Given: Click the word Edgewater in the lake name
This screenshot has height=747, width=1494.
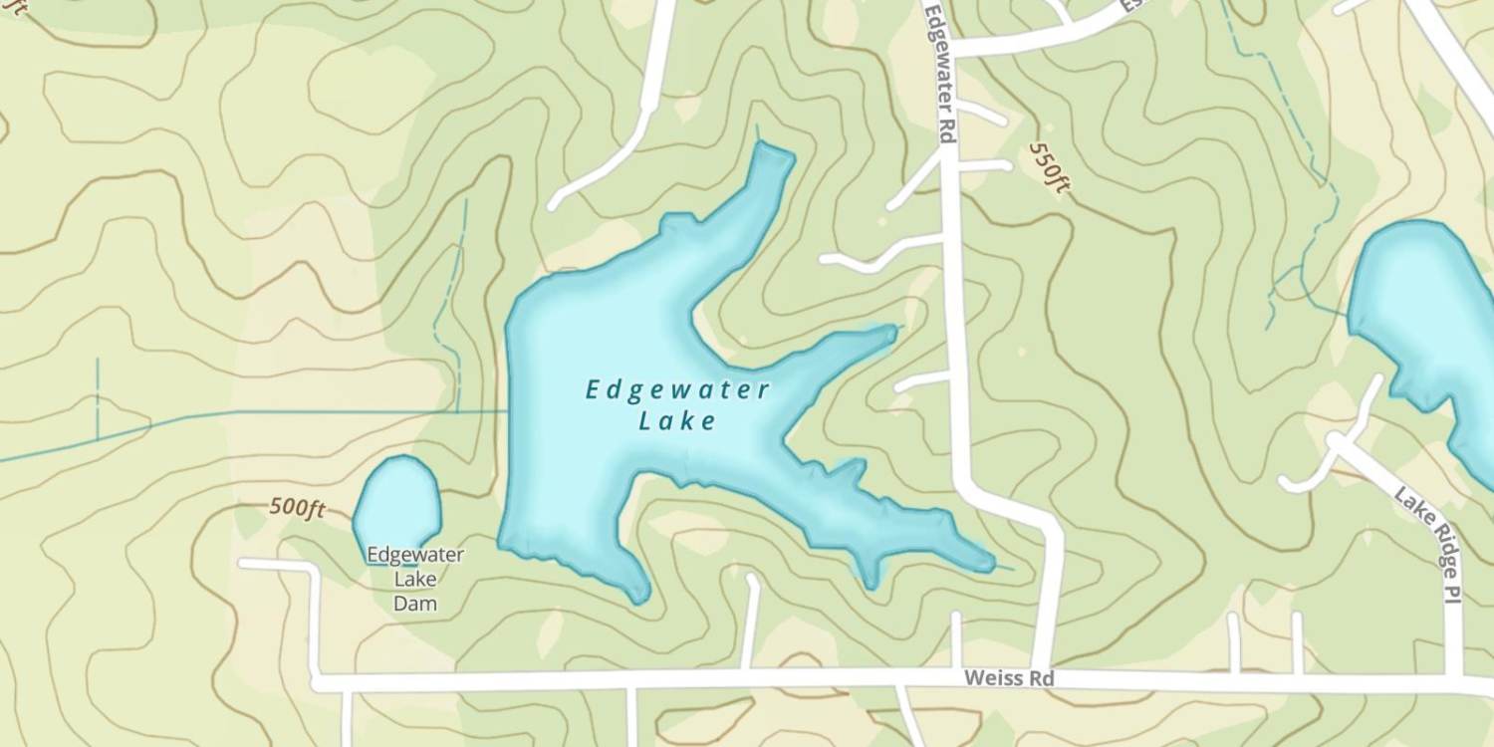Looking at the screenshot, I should click(677, 389).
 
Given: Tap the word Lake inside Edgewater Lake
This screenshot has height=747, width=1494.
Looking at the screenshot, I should click(677, 421).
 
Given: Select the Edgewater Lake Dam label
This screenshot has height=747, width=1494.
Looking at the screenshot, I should click(415, 579).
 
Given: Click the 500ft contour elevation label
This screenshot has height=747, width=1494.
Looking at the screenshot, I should click(298, 508).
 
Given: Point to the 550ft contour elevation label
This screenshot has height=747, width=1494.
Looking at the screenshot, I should click(1048, 167).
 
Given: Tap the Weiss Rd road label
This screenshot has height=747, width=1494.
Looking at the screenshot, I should click(1009, 678).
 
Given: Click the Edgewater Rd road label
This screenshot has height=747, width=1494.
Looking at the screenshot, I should click(941, 75).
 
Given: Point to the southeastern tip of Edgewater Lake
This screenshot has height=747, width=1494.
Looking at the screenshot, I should click(986, 563).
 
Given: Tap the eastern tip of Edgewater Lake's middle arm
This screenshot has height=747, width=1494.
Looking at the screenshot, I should click(889, 331).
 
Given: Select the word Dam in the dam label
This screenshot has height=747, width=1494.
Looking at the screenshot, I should click(415, 603).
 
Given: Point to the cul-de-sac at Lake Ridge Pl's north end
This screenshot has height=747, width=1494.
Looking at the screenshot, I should click(1336, 438).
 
